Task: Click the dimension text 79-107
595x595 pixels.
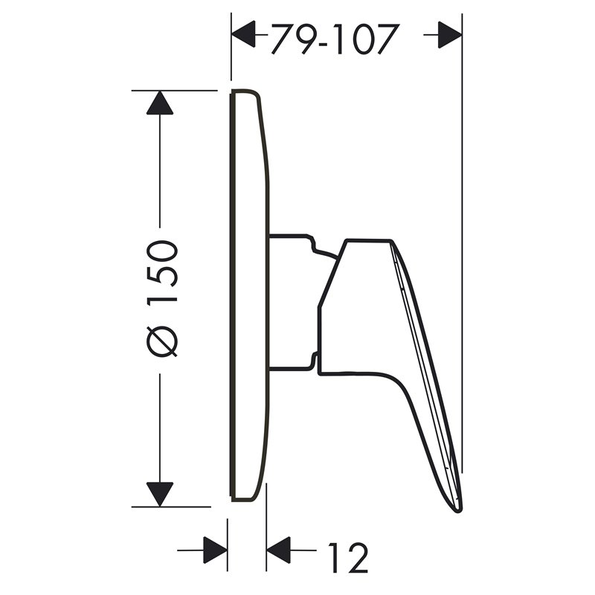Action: [x=335, y=39]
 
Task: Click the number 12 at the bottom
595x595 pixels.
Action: [x=348, y=557]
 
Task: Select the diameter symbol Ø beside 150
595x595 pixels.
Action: [x=162, y=341]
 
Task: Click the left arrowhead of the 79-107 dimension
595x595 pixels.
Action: [x=243, y=34]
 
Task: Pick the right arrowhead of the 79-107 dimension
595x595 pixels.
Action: [x=450, y=35]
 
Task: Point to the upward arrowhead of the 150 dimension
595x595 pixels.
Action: [x=160, y=103]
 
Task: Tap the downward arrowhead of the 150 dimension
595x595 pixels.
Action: [x=160, y=494]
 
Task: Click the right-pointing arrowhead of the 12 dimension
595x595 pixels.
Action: [x=215, y=550]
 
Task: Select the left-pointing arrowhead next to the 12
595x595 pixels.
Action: [x=278, y=550]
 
